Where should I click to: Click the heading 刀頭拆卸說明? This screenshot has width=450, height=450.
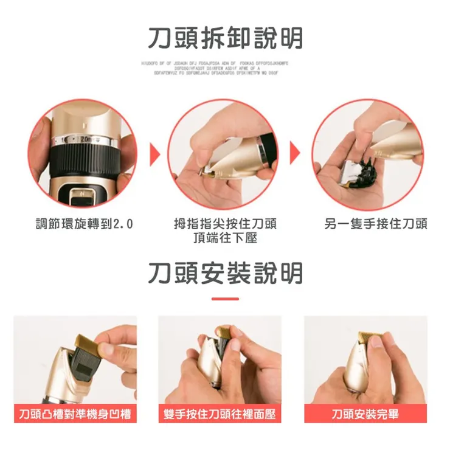[225, 38]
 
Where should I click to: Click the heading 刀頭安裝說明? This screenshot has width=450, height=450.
[225, 273]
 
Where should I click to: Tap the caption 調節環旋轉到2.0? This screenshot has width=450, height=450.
[83, 224]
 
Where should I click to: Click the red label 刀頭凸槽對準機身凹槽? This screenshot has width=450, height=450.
[75, 414]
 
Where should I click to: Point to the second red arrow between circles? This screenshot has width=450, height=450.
[296, 154]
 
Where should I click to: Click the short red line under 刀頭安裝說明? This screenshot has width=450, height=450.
[225, 299]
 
